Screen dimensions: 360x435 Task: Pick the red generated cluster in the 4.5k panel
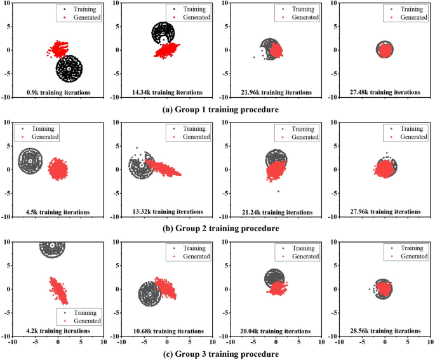point(58,170)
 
